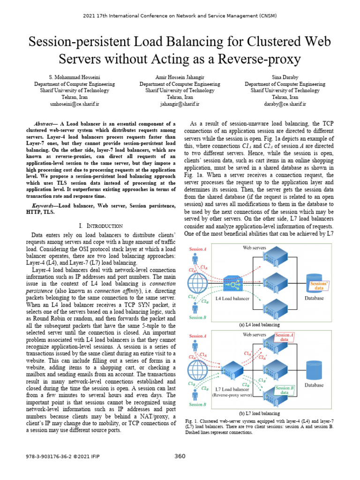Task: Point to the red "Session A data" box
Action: point(285,337)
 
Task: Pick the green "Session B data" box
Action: point(285,390)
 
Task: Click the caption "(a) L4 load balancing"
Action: point(259,324)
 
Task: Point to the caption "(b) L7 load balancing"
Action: point(259,413)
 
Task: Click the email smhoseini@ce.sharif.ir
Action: point(75,104)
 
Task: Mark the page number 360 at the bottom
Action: point(180,456)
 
